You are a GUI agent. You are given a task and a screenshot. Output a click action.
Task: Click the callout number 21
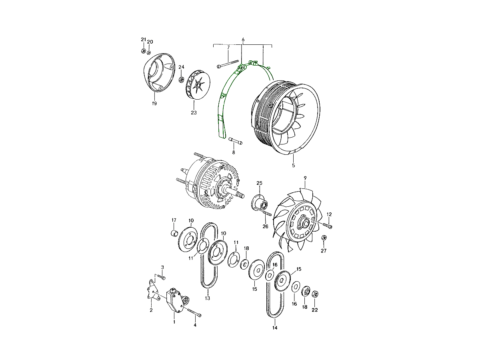pyautogui.click(x=143, y=40)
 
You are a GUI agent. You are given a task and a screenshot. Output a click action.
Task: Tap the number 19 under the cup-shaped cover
pyautogui.click(x=154, y=103)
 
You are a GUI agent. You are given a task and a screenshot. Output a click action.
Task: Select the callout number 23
pyautogui.click(x=194, y=113)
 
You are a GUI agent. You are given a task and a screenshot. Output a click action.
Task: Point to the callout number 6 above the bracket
pyautogui.click(x=243, y=40)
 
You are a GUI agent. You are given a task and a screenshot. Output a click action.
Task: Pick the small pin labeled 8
pyautogui.click(x=236, y=140)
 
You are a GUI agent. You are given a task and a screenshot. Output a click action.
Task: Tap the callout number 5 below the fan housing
pyautogui.click(x=294, y=166)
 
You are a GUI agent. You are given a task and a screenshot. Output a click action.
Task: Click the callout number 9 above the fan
pyautogui.click(x=305, y=178)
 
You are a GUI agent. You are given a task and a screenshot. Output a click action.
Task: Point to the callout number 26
pyautogui.click(x=265, y=226)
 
